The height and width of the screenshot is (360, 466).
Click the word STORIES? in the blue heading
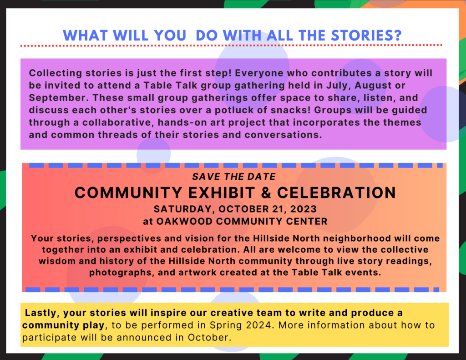click(366, 35)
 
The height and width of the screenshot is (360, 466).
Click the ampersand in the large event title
click(266, 193)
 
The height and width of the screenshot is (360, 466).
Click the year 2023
click(304, 209)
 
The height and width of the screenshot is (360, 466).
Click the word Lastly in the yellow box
click(42, 313)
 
